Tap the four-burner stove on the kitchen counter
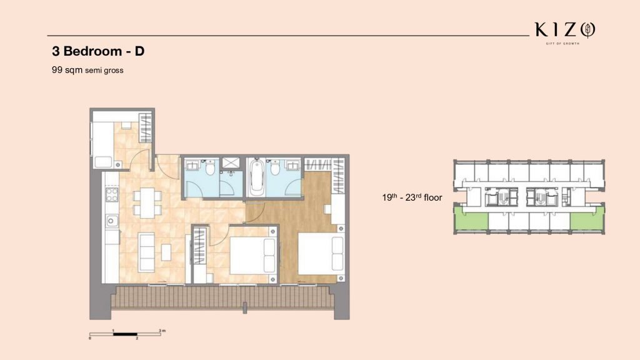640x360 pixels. (112, 195)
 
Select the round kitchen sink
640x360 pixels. (111, 221)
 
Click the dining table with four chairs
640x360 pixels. (147, 202)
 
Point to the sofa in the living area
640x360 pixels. (146, 252)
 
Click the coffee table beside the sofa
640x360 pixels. (166, 252)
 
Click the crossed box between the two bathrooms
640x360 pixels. (231, 163)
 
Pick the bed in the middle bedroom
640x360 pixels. (253, 256)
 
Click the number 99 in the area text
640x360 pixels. (57, 70)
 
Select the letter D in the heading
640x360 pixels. (139, 51)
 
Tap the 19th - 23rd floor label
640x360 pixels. (412, 197)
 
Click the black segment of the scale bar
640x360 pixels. (125, 334)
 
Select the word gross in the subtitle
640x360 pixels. (114, 71)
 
